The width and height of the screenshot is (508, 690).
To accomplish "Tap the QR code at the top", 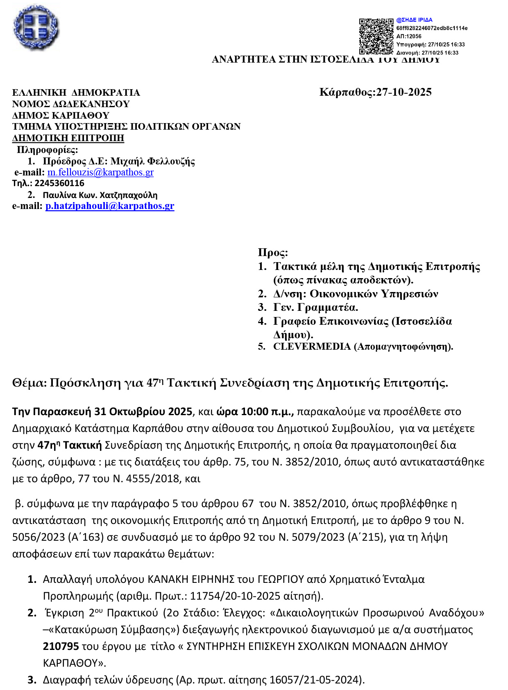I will [376, 36].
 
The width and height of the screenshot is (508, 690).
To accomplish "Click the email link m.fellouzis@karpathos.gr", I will [100, 172].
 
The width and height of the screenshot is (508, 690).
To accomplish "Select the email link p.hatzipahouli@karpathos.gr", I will [110, 206].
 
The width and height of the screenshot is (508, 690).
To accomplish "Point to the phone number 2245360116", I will [59, 183].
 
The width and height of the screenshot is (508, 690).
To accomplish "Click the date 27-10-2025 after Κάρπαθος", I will [404, 92].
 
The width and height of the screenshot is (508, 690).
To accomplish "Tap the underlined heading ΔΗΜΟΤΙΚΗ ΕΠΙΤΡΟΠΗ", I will [68, 138].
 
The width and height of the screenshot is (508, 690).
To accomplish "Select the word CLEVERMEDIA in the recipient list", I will [312, 346].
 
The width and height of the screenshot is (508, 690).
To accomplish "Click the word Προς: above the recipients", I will [273, 252].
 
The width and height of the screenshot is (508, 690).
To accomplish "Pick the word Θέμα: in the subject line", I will [29, 383].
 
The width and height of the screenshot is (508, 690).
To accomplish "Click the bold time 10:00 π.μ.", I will [267, 411].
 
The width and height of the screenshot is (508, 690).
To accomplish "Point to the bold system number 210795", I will [61, 646].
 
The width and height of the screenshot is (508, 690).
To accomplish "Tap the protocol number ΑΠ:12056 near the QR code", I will [409, 36].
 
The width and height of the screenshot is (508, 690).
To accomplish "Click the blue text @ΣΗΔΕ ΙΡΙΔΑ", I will [414, 20].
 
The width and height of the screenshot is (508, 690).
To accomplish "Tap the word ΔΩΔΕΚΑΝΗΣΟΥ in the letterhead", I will [91, 104].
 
